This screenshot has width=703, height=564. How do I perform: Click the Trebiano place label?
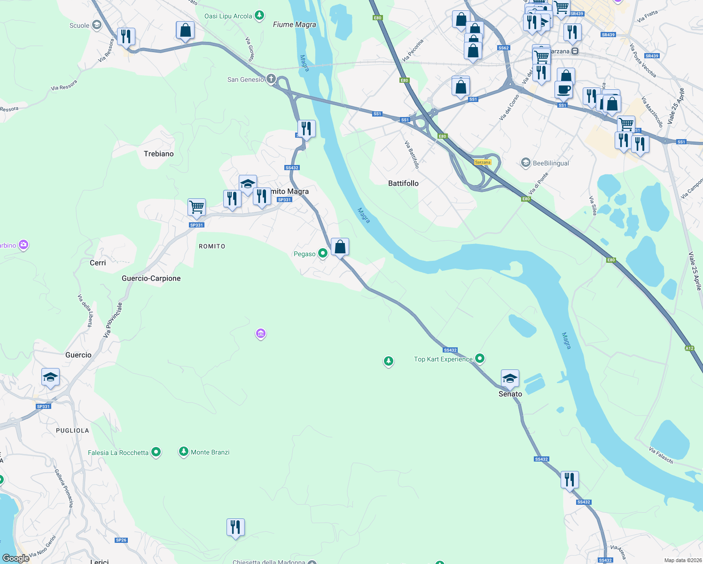tap(158, 154)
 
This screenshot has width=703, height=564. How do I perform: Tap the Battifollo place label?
tap(403, 183)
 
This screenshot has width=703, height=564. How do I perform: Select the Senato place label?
tap(510, 394)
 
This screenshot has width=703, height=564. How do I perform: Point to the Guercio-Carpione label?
tap(151, 278)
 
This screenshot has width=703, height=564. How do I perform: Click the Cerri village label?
tap(98, 263)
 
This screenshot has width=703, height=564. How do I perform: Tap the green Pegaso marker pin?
tap(323, 253)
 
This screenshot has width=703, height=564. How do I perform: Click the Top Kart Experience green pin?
tap(480, 359)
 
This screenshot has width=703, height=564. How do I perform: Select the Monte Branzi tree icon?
tap(184, 452)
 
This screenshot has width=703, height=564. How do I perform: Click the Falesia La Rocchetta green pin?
tap(156, 452)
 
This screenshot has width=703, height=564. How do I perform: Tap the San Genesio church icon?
tap(271, 79)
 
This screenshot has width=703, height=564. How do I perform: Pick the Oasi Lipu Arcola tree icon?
tap(259, 16)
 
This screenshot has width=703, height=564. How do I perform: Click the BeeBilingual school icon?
tap(526, 163)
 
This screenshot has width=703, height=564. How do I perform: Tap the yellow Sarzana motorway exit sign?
tap(483, 162)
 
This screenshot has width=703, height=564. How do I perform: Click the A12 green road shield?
tap(689, 348)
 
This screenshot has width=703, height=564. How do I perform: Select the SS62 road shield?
tap(503, 48)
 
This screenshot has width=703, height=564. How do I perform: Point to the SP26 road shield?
tap(121, 540)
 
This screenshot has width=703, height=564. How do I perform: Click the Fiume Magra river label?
tap(295, 24)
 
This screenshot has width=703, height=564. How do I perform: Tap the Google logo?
tap(16, 558)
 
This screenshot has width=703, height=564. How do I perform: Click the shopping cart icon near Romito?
tap(196, 207)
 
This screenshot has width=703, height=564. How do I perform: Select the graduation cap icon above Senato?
tap(510, 377)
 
